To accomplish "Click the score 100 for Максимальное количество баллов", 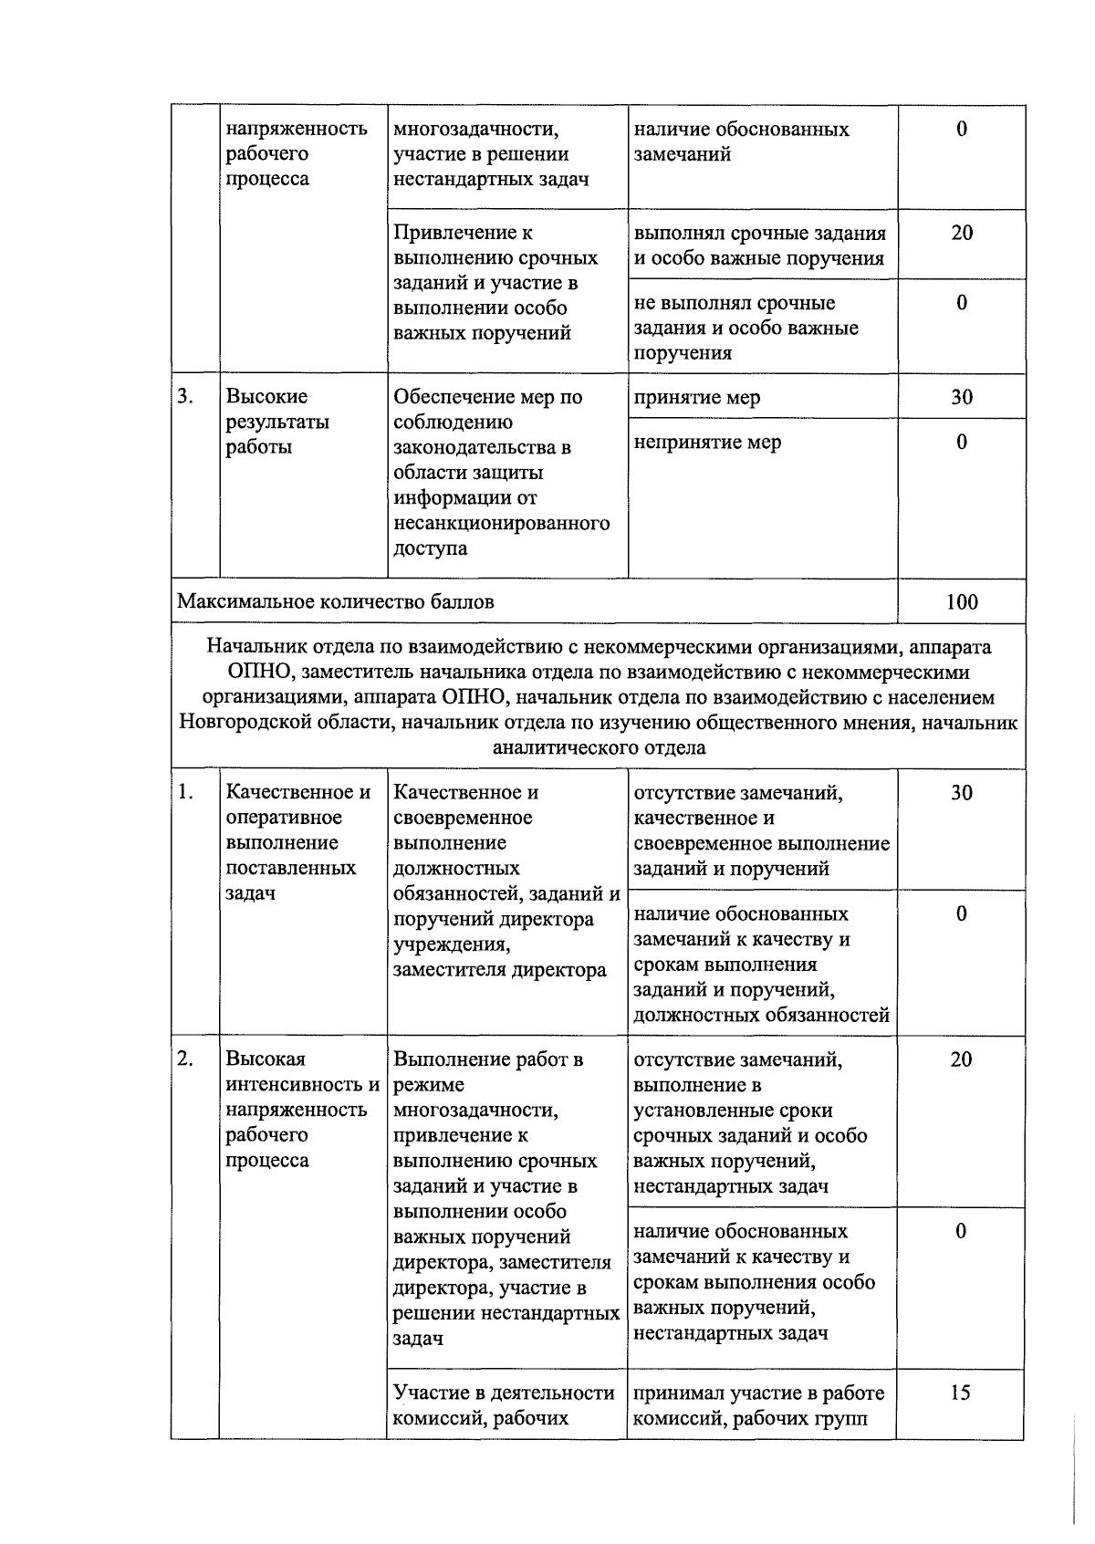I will coord(962,602).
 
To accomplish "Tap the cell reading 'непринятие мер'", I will coord(707,443).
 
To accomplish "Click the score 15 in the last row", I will coord(960,1393).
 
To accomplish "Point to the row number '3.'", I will coord(185,397).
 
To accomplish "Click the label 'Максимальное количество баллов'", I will coord(336,602).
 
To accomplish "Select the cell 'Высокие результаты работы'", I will coord(277,422).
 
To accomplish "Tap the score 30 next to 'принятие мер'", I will coord(962,397).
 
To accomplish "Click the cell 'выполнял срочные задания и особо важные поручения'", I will coord(759,245).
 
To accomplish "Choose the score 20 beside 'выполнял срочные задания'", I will coord(962,233).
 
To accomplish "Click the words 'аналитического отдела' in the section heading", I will coord(599,748).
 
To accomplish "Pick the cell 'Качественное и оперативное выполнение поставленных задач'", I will coord(297,842).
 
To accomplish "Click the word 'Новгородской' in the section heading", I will coord(245,723).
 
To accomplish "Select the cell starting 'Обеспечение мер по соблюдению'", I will coord(501,472).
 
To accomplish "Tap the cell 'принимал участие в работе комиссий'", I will coord(759,1405).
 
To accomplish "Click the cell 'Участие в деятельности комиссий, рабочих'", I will coord(504,1405).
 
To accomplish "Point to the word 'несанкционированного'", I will coord(501,523).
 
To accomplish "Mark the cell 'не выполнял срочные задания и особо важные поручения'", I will coord(746,328).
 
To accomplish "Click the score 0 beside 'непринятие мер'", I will coord(962,443).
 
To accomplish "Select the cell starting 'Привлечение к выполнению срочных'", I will coord(495,283).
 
